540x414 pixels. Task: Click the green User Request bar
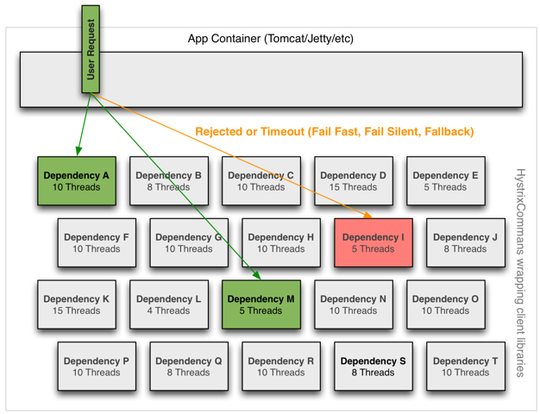[91, 49]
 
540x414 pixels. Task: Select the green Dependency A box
[77, 181]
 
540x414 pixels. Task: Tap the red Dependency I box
[374, 242]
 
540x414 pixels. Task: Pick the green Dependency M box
[261, 304]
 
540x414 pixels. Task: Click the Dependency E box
[446, 181]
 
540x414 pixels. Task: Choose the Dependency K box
[77, 304]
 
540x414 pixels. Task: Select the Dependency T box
[466, 366]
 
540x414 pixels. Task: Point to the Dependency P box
[97, 366]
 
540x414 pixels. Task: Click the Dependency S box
[374, 366]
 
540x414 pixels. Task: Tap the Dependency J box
[466, 242]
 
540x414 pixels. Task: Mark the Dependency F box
[97, 242]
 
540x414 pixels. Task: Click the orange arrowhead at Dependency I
[368, 216]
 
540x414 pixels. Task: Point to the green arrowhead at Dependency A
[78, 151]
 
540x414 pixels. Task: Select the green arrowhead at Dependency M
[256, 275]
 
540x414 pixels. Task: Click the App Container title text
[271, 39]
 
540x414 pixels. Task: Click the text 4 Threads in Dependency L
[168, 310]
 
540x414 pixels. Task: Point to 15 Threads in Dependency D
[354, 187]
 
